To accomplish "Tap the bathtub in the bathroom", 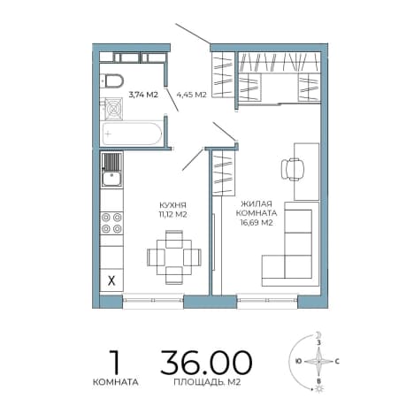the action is (x=132, y=134).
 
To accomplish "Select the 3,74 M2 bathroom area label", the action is (x=143, y=95).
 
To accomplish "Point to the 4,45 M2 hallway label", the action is (x=191, y=95).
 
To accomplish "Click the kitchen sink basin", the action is (x=111, y=179).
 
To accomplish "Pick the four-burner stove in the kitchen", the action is (x=111, y=223).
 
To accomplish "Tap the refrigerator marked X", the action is (x=111, y=280).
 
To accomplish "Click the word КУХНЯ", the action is (x=172, y=205).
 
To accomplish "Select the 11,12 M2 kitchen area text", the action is (x=172, y=214).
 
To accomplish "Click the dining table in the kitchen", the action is (x=174, y=257).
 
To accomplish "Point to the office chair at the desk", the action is (x=293, y=169).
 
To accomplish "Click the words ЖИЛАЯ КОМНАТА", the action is (x=257, y=208).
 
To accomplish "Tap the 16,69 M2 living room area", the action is (x=257, y=223).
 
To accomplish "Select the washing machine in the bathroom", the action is (x=113, y=109).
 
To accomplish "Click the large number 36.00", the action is (x=206, y=362).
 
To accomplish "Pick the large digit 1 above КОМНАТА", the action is (x=115, y=362).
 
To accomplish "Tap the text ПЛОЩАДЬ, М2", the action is (x=207, y=382).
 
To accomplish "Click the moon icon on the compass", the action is (x=318, y=334).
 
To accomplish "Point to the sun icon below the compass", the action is (x=318, y=389).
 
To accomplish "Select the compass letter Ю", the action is (x=299, y=361).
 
